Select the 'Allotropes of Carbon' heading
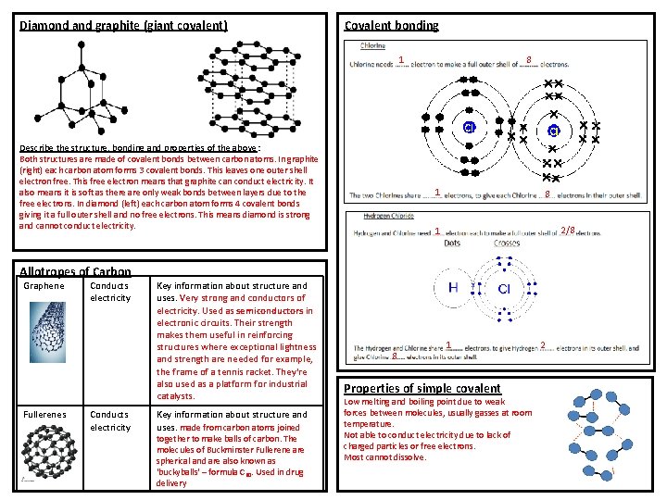point(75,271)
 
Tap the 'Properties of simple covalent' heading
point(422,388)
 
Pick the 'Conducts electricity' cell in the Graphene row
point(110,292)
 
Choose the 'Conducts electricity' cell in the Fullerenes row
point(110,420)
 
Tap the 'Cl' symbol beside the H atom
point(505,289)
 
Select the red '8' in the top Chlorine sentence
point(528,61)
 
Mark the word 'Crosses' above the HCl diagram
point(506,243)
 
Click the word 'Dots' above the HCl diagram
point(452,243)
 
